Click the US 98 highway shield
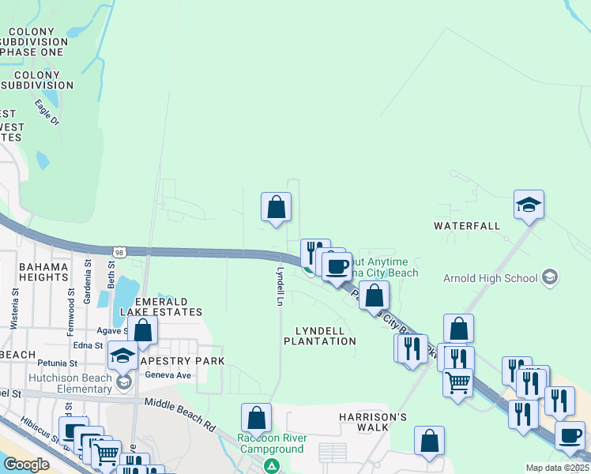click(119, 251)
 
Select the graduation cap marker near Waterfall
click(529, 205)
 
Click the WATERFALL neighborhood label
click(467, 226)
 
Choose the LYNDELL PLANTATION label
click(320, 336)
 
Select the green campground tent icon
click(272, 466)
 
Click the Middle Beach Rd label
click(180, 413)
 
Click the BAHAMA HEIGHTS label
click(44, 272)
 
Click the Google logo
click(26, 465)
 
